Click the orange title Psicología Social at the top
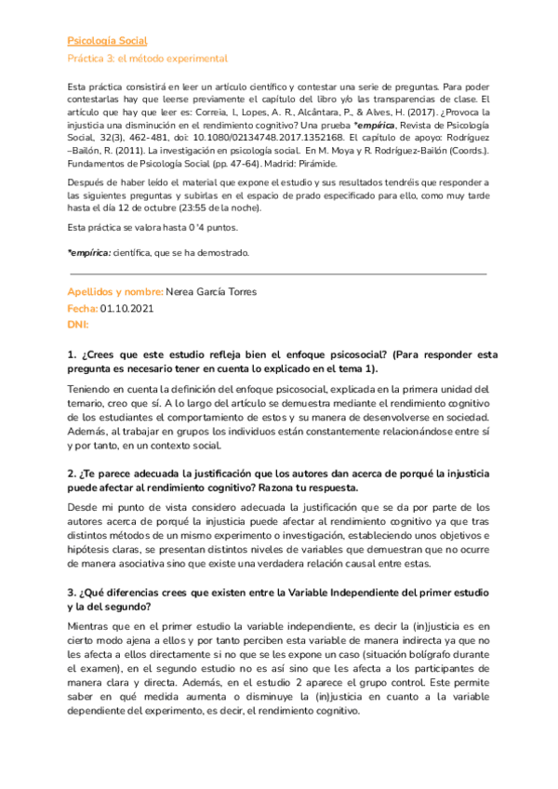coord(108,41)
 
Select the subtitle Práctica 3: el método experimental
coord(148,58)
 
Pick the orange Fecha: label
coord(82,308)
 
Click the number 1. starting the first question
coord(72,354)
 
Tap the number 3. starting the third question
coord(72,594)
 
